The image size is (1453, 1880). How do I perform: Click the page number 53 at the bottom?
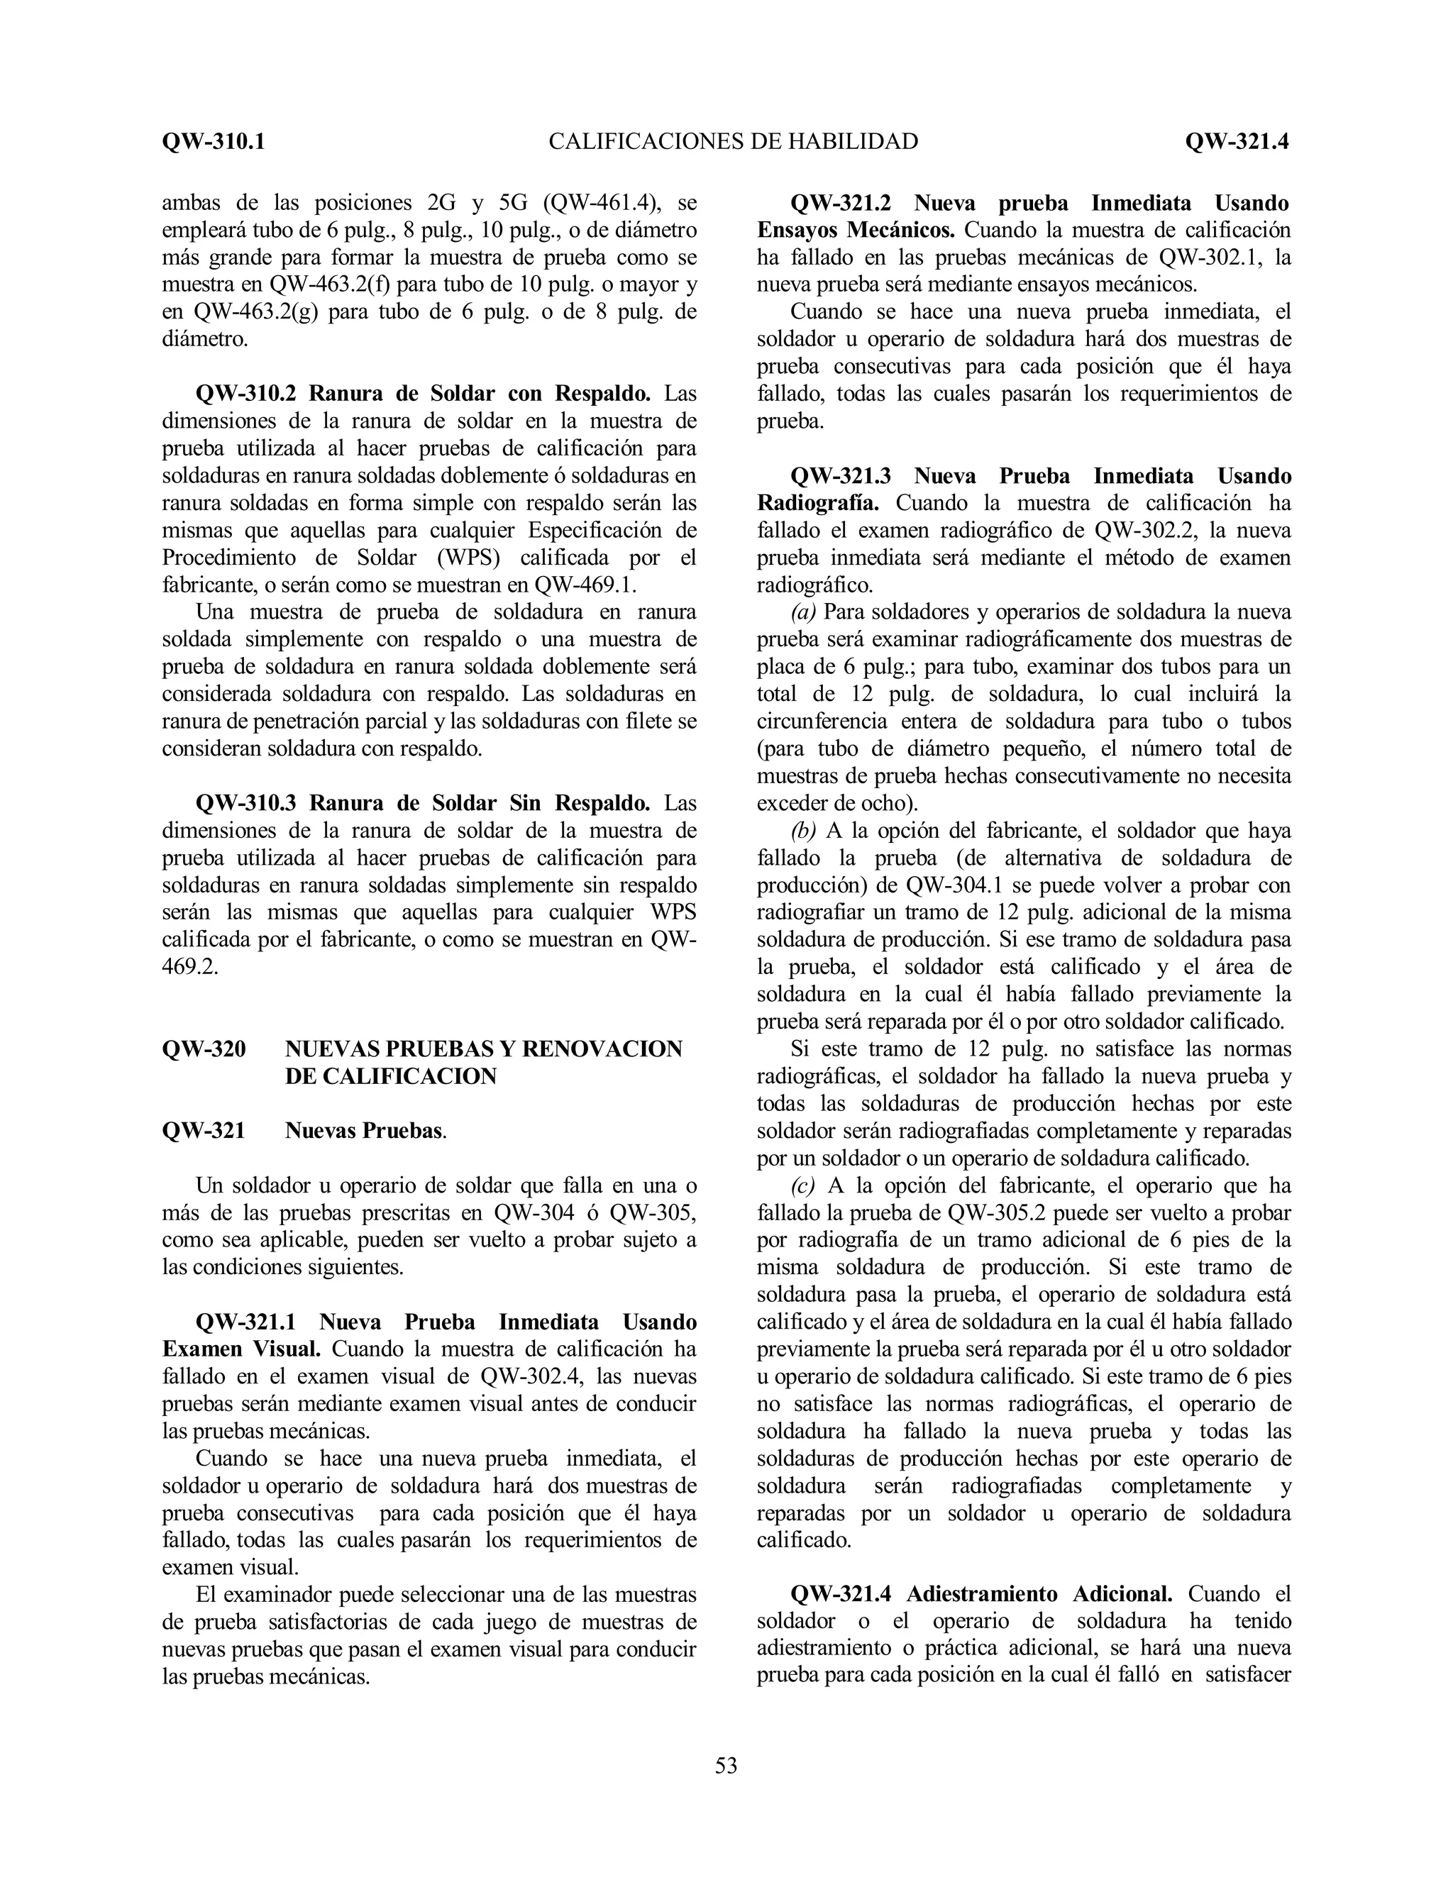tap(726, 1766)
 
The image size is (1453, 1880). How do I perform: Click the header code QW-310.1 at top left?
tap(214, 141)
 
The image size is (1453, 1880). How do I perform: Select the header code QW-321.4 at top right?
tap(1236, 141)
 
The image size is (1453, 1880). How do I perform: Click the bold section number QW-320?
tap(204, 1049)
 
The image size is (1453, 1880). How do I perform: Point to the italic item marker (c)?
tap(803, 1185)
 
